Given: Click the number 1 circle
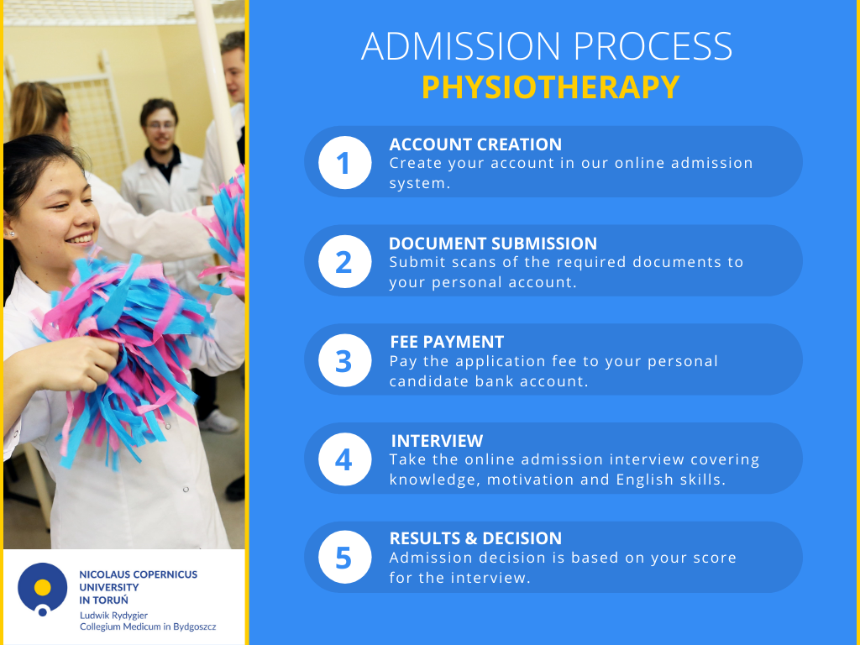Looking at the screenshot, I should click(343, 162).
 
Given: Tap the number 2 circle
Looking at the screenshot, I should click(343, 261).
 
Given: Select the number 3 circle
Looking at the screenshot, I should click(343, 360).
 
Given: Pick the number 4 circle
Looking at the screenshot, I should click(343, 459).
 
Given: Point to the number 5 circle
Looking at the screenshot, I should click(343, 558).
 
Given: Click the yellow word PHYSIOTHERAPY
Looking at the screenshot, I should click(550, 87).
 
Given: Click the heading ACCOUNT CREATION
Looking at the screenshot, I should click(475, 144).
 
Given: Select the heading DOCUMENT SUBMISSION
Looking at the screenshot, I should click(493, 244).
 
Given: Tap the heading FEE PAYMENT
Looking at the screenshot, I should click(447, 342).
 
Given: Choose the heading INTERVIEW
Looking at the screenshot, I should click(437, 441).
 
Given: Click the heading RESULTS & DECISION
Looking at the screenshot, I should click(475, 538).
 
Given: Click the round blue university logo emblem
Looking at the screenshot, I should click(42, 589).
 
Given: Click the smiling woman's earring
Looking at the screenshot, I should click(12, 233).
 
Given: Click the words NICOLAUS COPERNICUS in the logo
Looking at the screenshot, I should click(138, 574).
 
